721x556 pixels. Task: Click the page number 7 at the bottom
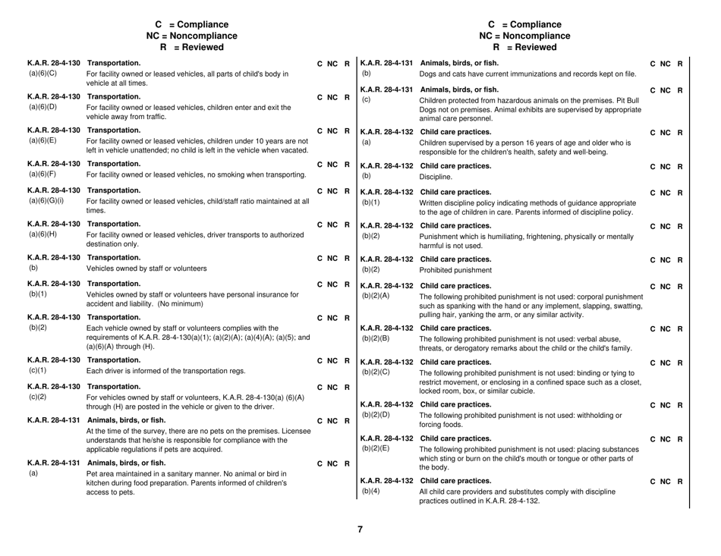point(360,529)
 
